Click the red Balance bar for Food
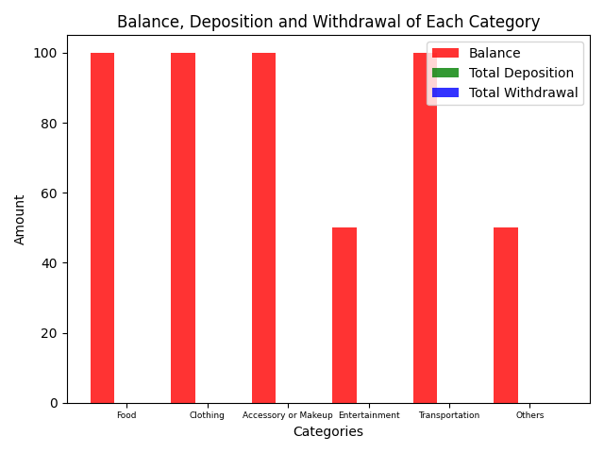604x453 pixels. tap(103, 228)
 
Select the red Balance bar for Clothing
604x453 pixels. tap(183, 228)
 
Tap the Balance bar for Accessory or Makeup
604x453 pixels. tap(264, 228)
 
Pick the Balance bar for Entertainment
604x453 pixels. tap(344, 315)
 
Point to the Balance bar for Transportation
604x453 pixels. tap(425, 228)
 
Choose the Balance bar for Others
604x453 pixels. tap(506, 315)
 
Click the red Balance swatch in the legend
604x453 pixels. tap(445, 53)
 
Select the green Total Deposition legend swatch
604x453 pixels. tap(445, 73)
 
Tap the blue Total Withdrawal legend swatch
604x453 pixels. tap(445, 92)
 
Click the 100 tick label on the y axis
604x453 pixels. tap(45, 53)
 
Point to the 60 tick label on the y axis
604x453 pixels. tap(49, 193)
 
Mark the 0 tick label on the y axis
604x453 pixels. tap(54, 403)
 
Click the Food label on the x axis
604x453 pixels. tap(126, 415)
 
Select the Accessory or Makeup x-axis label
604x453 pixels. tap(287, 415)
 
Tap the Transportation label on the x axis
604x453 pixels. tap(449, 415)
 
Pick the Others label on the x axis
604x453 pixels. tap(530, 415)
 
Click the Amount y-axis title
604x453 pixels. tap(19, 220)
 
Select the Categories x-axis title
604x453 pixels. tap(328, 431)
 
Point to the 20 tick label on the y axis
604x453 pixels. tap(49, 333)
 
